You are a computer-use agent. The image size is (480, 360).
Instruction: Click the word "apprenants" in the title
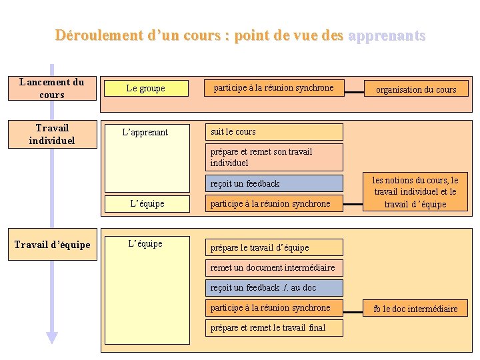pyautogui.click(x=387, y=35)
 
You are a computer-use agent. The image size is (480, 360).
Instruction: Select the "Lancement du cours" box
pyautogui.click(x=52, y=89)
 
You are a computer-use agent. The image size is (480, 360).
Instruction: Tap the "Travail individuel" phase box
pyautogui.click(x=52, y=134)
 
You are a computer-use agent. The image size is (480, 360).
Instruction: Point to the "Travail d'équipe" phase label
pyautogui.click(x=52, y=245)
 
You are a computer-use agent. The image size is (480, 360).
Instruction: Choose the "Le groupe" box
pyautogui.click(x=145, y=88)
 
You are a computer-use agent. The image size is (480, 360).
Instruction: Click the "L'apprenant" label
pyautogui.click(x=145, y=132)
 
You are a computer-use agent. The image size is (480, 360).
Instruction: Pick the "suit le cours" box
pyautogui.click(x=274, y=132)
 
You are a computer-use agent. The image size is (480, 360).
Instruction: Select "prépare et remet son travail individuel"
pyautogui.click(x=274, y=157)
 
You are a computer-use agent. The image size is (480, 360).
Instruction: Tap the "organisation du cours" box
pyautogui.click(x=416, y=89)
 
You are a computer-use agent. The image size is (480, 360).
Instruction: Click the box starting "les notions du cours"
pyautogui.click(x=415, y=192)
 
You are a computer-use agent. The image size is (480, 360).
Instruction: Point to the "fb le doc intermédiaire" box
pyautogui.click(x=415, y=309)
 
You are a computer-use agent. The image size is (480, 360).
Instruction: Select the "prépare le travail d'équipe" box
pyautogui.click(x=274, y=247)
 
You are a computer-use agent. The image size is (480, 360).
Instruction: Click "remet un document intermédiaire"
pyautogui.click(x=274, y=268)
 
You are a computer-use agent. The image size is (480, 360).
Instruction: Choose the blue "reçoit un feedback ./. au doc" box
pyautogui.click(x=274, y=288)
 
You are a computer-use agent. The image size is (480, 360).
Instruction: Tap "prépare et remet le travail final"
pyautogui.click(x=274, y=328)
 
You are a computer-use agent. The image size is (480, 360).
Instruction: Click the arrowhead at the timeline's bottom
pyautogui.click(x=52, y=338)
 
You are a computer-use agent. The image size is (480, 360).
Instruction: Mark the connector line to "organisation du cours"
pyautogui.click(x=353, y=88)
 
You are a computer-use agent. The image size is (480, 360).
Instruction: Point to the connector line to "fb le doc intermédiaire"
pyautogui.click(x=353, y=308)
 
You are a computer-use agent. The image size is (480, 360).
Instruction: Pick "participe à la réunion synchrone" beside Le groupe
pyautogui.click(x=274, y=88)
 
